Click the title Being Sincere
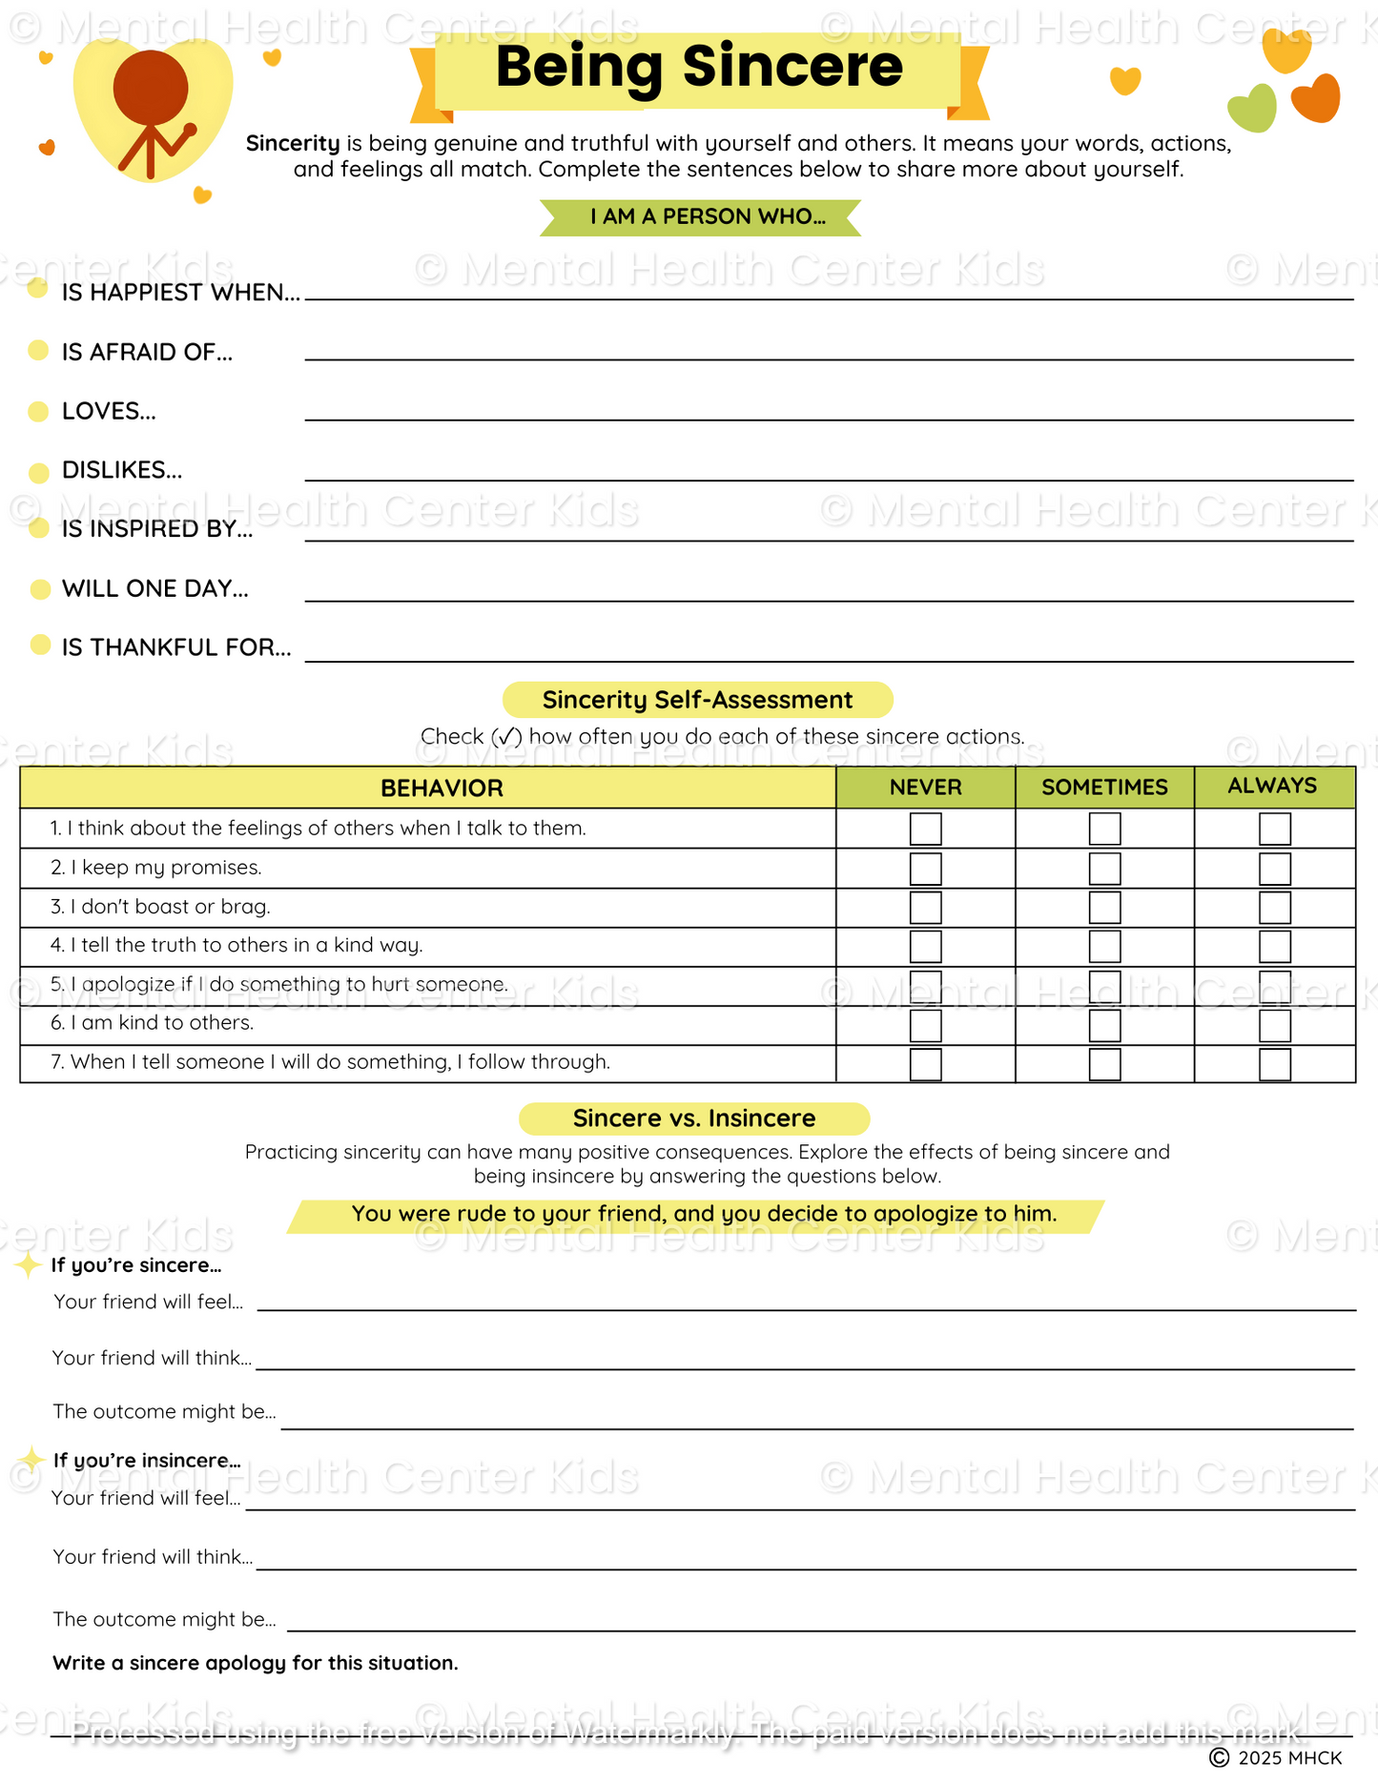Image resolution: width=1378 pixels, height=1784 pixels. click(698, 67)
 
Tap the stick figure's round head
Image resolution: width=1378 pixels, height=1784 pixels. click(151, 88)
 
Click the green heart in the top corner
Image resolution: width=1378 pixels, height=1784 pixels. click(1252, 109)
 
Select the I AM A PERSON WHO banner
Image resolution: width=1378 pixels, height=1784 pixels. click(700, 217)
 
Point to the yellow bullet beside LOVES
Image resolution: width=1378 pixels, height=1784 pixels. click(38, 412)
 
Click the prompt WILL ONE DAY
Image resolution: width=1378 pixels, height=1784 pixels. click(154, 589)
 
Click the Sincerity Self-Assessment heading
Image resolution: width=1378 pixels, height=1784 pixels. click(697, 700)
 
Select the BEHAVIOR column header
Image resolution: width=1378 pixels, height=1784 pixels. click(442, 789)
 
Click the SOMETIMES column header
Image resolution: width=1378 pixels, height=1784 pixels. click(1104, 788)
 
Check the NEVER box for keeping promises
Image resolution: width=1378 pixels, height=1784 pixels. click(925, 869)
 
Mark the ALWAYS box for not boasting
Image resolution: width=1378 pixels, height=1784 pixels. click(1274, 908)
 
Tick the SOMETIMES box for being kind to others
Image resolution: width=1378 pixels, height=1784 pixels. click(1104, 1026)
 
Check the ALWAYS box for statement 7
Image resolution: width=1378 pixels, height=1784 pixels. click(1274, 1064)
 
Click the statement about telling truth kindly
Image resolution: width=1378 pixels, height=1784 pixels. click(246, 946)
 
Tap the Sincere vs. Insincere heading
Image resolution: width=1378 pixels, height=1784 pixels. click(694, 1118)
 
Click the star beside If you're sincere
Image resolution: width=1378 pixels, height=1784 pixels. click(28, 1265)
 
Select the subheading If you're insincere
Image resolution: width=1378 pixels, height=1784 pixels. click(147, 1461)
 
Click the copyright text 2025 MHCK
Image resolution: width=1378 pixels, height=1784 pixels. click(1278, 1758)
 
